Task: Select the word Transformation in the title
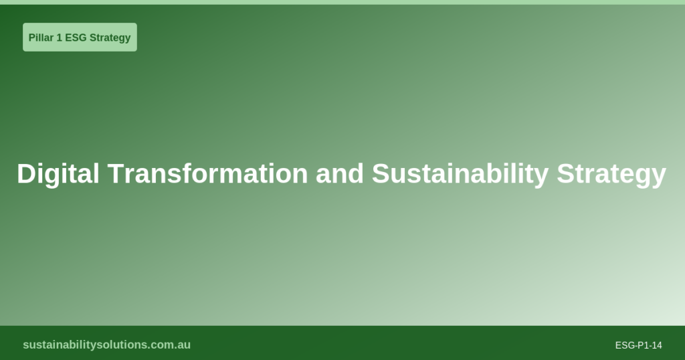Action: (x=208, y=174)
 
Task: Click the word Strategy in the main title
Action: (x=611, y=174)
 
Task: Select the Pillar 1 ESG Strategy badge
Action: (x=80, y=37)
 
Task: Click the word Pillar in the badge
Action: (x=40, y=37)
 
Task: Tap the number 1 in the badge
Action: (x=59, y=37)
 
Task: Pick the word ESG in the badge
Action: (x=76, y=37)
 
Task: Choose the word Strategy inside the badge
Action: (x=110, y=37)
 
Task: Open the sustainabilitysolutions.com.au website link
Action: (x=106, y=345)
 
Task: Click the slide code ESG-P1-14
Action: (x=638, y=345)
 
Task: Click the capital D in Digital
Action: (x=25, y=174)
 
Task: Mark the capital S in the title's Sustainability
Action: (x=381, y=174)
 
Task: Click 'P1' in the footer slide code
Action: (x=643, y=345)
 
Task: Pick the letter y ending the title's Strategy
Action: (x=659, y=175)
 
